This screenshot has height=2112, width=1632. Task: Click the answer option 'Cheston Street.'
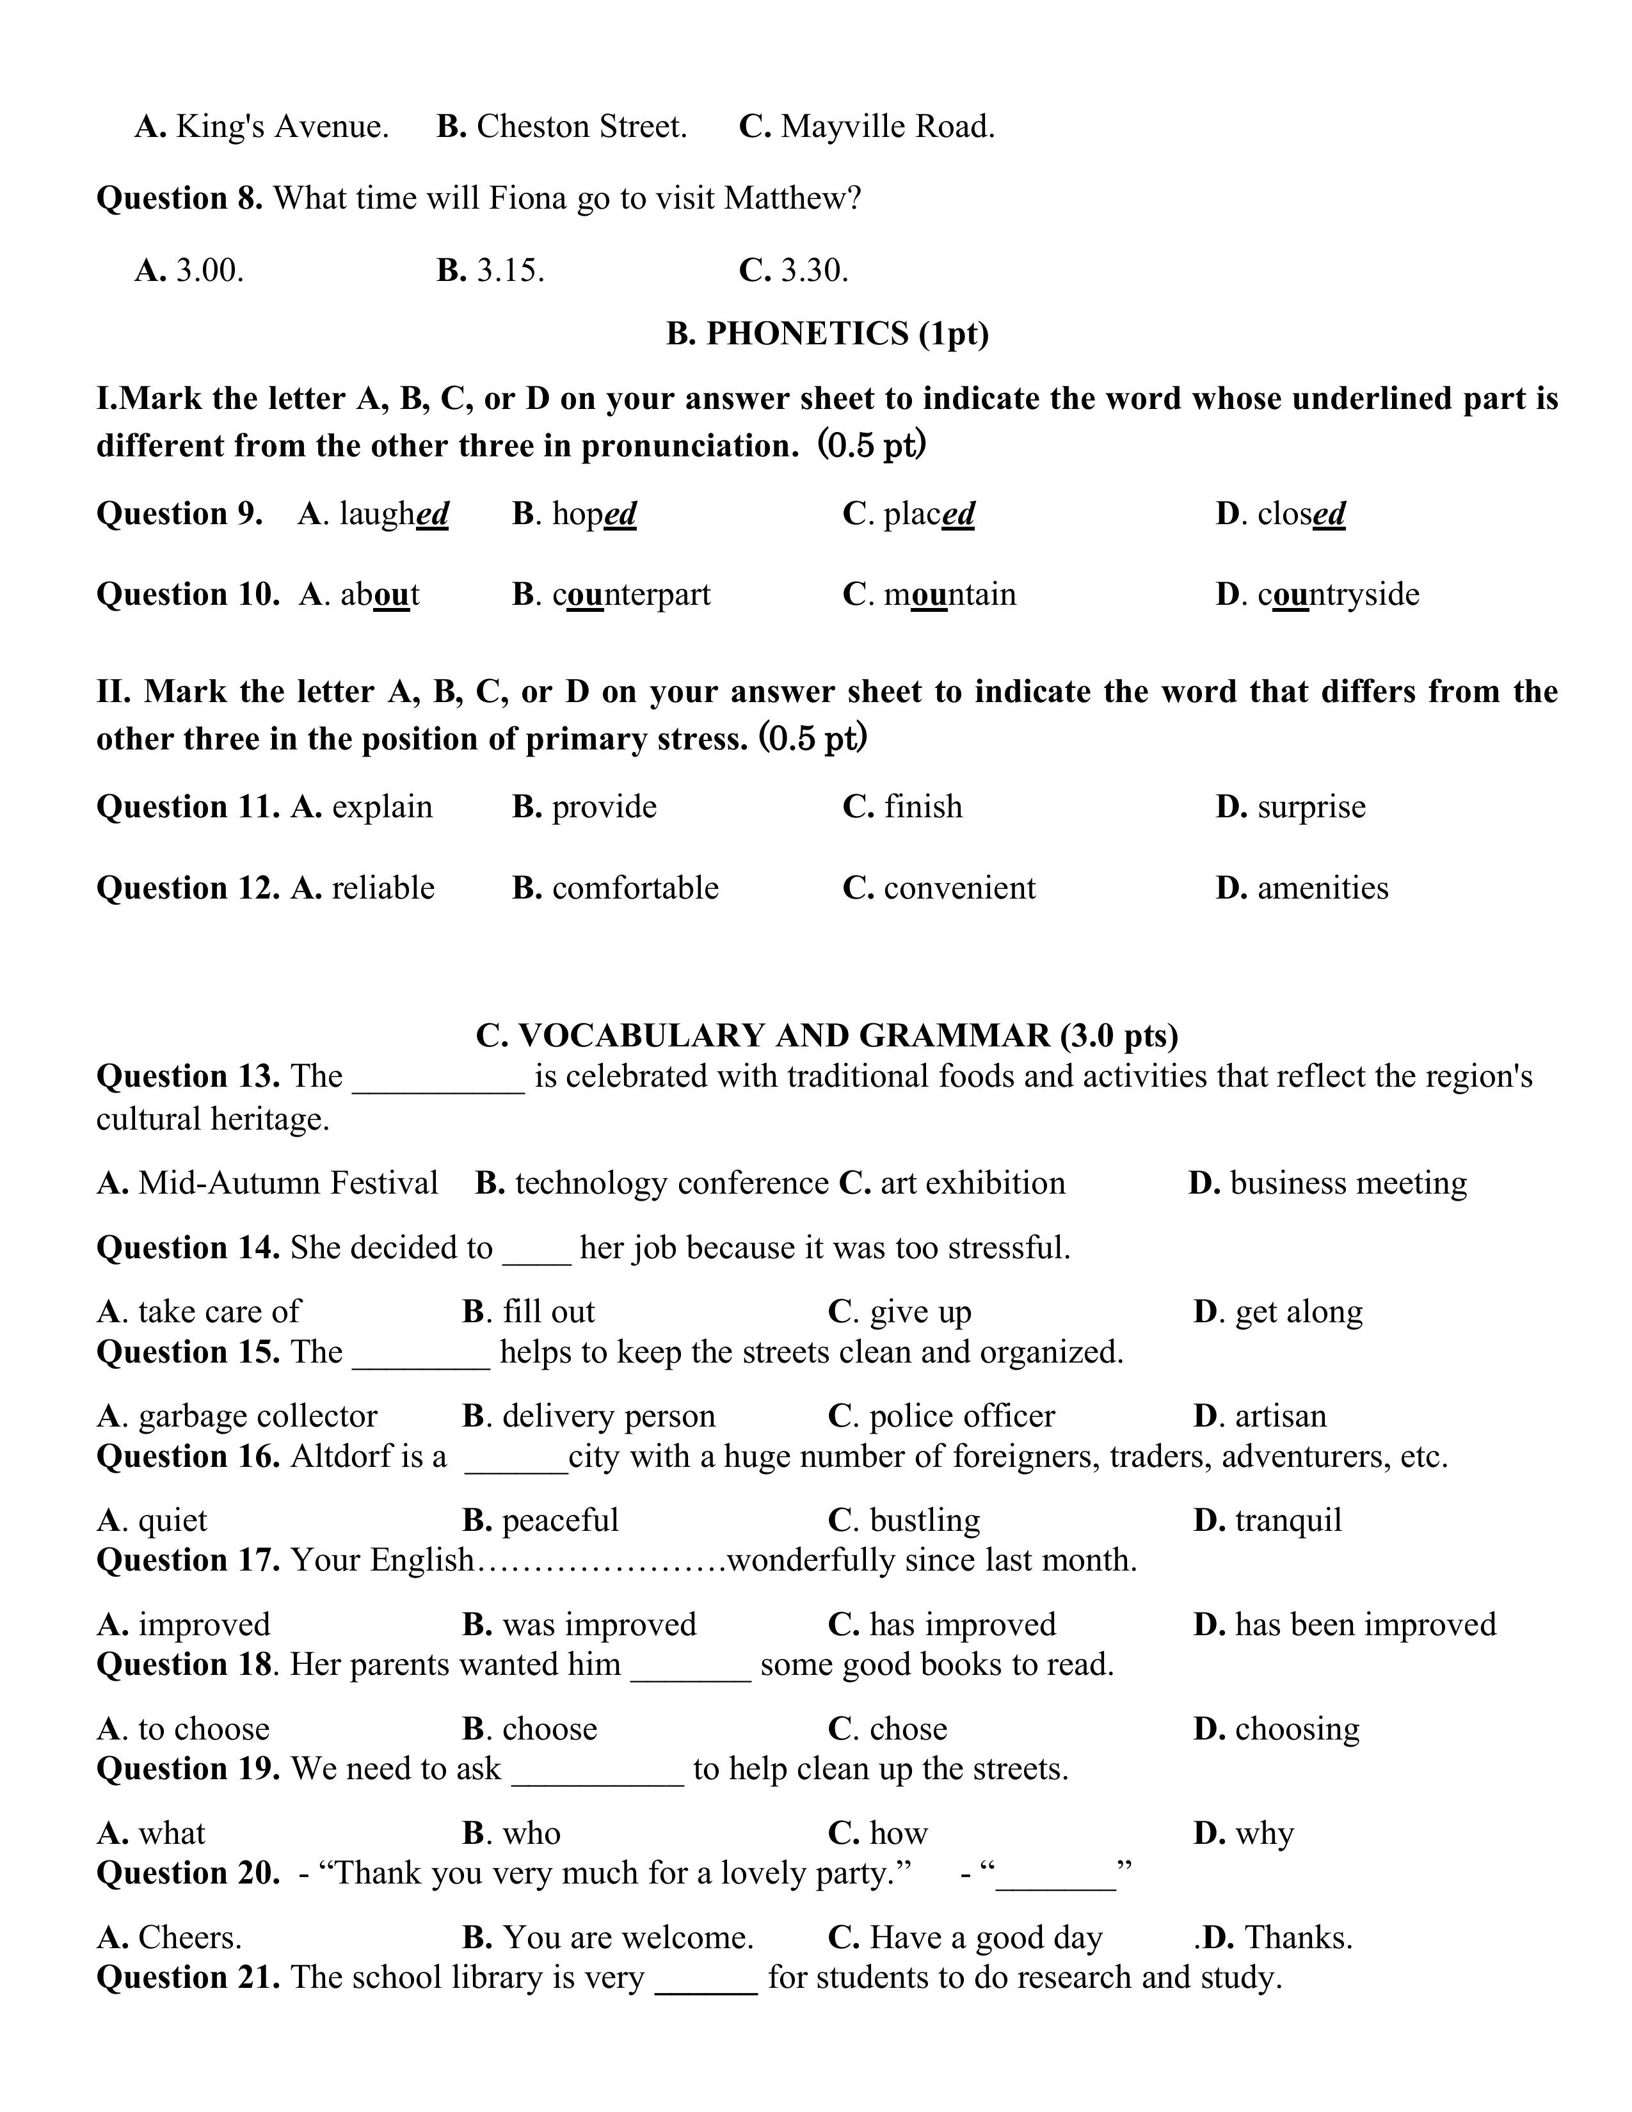[581, 127]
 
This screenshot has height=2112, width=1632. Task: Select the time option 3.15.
[509, 270]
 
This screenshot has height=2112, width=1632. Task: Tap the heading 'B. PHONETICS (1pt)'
[827, 333]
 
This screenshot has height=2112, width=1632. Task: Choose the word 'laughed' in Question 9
[394, 513]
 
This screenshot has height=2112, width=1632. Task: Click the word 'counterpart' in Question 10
[630, 594]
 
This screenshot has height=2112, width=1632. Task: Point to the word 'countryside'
[1338, 594]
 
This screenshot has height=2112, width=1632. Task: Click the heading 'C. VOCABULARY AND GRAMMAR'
[827, 1036]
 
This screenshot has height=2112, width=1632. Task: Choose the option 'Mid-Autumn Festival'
[287, 1183]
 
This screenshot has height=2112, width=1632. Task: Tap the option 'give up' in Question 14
[920, 1312]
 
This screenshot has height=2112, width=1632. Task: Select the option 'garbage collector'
[257, 1416]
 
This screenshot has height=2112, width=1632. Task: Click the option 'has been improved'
[1365, 1624]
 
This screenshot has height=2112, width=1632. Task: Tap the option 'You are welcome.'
[627, 1938]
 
